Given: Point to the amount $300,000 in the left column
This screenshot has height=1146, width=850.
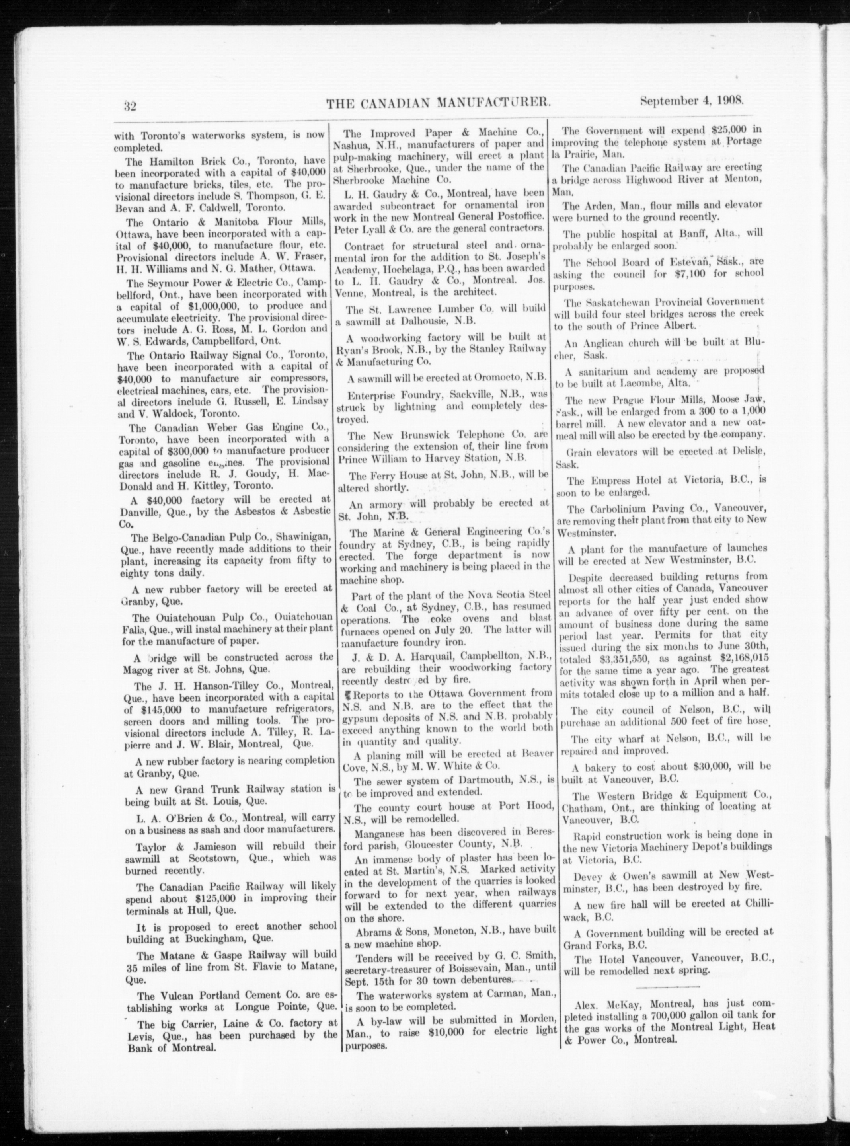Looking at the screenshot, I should [x=188, y=450].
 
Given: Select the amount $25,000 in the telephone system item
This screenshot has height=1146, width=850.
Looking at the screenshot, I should [x=736, y=130].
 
